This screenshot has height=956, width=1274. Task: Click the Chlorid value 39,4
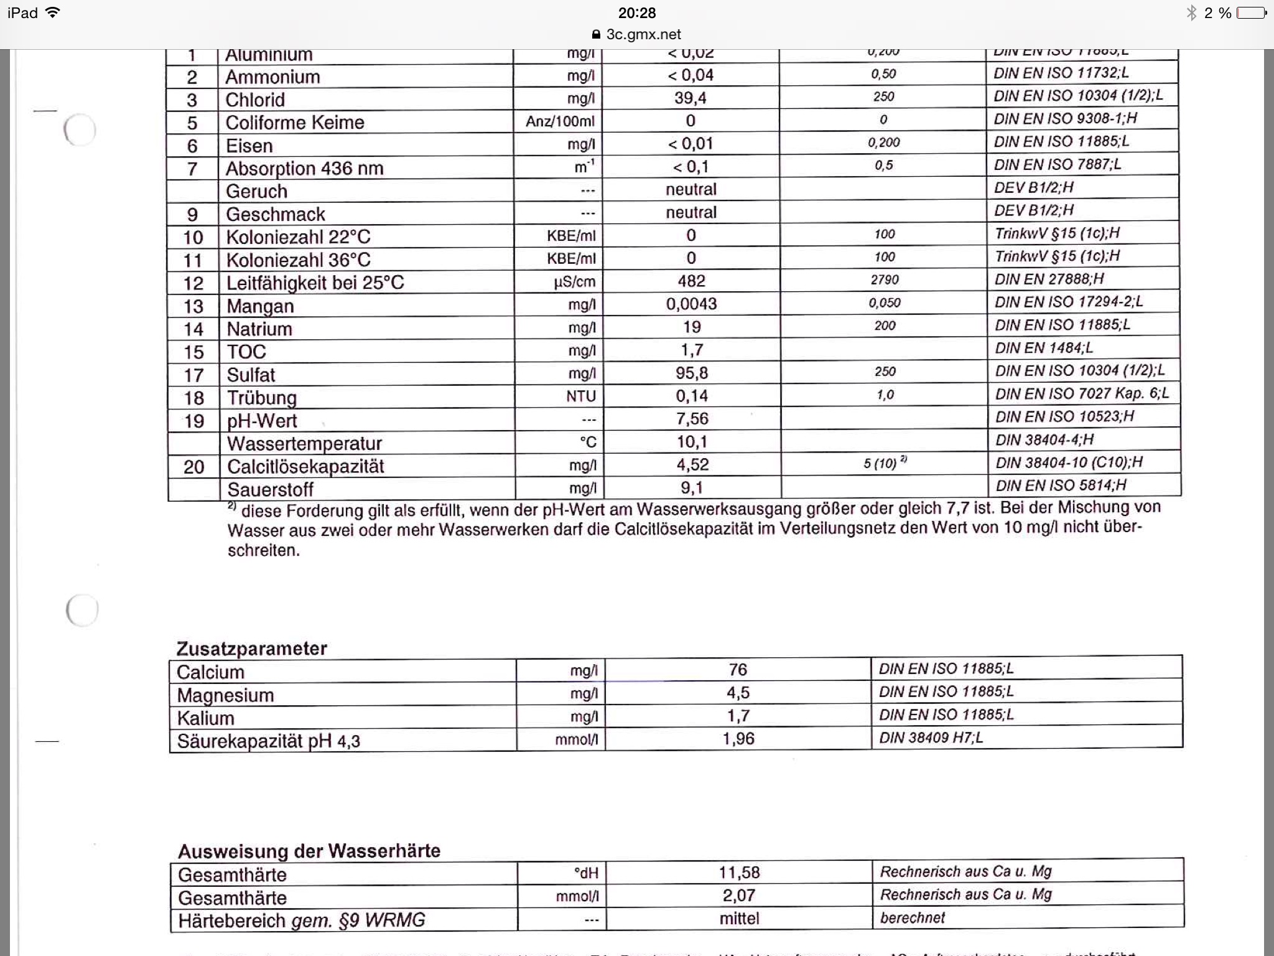click(690, 98)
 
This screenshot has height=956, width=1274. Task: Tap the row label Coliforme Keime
click(295, 122)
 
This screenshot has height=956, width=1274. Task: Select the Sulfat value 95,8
click(692, 373)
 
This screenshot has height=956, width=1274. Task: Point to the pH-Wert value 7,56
click(692, 419)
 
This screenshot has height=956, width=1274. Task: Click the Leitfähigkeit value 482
click(691, 281)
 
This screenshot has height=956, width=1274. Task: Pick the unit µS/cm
click(574, 282)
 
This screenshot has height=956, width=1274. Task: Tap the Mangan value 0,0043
click(691, 304)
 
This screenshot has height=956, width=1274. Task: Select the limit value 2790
click(885, 279)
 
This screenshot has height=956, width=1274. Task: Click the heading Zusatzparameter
click(251, 649)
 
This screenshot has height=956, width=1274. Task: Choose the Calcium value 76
click(738, 670)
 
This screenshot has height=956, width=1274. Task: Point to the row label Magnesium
click(225, 695)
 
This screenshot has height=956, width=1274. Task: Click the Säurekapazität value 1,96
click(738, 739)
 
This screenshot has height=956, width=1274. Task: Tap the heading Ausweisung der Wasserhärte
click(309, 851)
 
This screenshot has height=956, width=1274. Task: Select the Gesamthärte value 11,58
click(739, 873)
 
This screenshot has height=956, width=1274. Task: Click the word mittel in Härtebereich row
click(739, 919)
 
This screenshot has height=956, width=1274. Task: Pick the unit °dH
click(586, 873)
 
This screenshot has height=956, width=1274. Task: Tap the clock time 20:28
click(637, 12)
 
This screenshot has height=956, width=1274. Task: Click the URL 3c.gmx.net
click(643, 34)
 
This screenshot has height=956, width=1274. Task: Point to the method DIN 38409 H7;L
click(931, 738)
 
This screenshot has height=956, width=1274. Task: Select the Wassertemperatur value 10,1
click(692, 442)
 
